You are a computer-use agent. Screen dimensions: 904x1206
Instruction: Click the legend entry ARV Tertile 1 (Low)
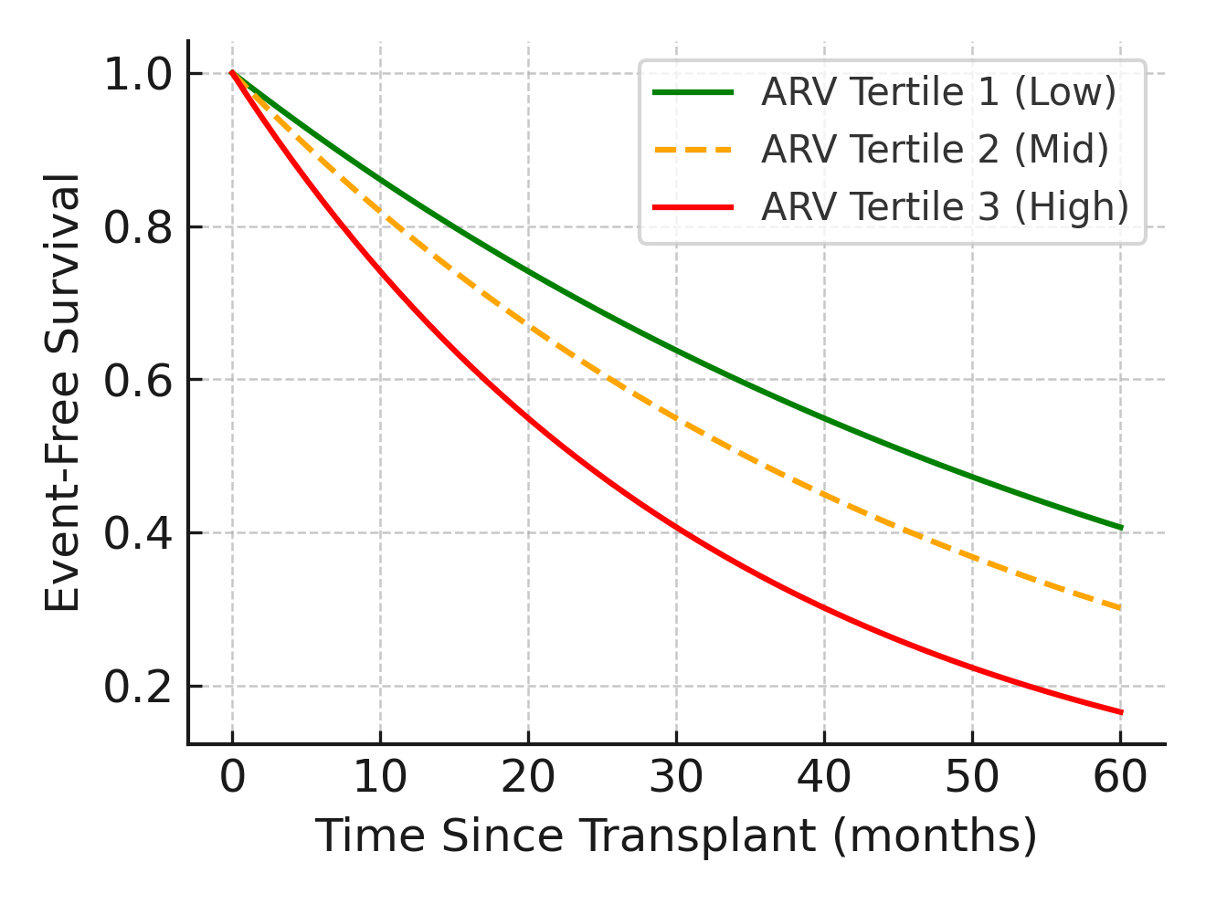coord(938,93)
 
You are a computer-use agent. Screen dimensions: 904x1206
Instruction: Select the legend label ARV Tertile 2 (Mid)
coord(935,150)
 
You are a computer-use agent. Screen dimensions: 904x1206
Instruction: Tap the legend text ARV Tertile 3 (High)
coord(945,207)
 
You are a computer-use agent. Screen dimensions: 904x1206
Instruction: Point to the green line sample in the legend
coord(693,93)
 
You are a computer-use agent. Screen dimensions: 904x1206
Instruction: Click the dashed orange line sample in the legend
coord(693,150)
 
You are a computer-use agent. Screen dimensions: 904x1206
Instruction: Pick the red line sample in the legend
coord(693,207)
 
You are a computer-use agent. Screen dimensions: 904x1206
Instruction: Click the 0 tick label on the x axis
coord(232,778)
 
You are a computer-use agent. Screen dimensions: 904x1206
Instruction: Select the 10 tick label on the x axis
coord(380,778)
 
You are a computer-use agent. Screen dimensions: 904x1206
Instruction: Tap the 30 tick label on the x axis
coord(676,778)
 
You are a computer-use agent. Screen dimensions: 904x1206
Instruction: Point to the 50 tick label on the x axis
coord(972,778)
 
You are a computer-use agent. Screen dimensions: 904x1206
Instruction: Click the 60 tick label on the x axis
coord(1120,778)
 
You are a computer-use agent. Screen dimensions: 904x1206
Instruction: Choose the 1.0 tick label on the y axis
coord(139,75)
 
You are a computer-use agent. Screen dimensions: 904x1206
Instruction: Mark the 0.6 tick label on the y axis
coord(139,381)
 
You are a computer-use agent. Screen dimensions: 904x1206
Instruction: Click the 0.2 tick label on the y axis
coord(139,688)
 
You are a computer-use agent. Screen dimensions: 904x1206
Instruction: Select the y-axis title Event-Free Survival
coord(64,393)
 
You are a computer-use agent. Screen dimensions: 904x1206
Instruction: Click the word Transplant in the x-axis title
coord(695,836)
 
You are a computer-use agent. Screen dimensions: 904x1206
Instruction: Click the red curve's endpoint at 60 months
coord(1120,712)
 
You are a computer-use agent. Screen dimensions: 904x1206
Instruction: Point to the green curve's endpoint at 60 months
coord(1120,528)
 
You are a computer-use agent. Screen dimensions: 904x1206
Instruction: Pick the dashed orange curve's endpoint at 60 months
coord(1120,608)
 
